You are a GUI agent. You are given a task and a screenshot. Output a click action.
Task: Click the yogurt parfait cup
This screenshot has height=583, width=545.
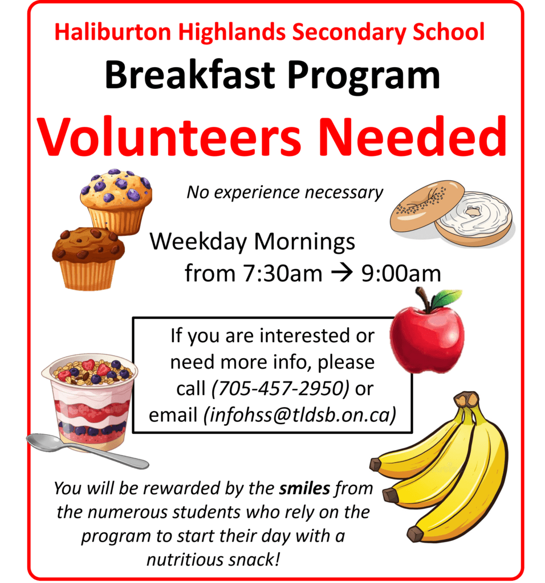click(91, 399)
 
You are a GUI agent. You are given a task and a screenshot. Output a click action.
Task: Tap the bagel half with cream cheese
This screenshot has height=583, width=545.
click(475, 217)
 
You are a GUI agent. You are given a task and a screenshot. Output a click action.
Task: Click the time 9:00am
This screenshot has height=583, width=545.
click(401, 274)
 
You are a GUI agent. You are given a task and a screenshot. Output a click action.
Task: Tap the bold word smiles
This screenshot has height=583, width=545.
click(305, 488)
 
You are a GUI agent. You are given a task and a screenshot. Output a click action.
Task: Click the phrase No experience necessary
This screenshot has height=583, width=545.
click(285, 192)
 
